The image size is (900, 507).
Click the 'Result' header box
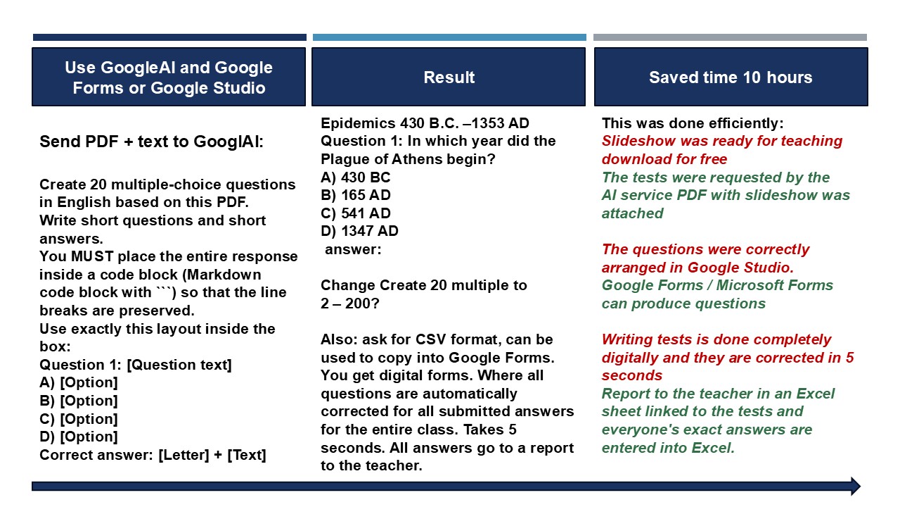click(449, 77)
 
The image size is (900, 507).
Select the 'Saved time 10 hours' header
click(731, 77)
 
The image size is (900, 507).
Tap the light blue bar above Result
click(449, 37)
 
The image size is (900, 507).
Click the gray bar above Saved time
click(730, 37)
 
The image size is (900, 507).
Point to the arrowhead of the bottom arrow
click(856, 487)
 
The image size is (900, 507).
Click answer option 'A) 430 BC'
click(356, 177)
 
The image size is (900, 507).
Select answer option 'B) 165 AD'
click(356, 195)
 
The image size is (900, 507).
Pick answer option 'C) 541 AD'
click(356, 213)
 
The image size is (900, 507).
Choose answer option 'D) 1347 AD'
click(359, 231)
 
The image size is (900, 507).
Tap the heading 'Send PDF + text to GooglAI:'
click(151, 142)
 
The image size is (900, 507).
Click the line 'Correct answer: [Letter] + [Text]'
click(153, 455)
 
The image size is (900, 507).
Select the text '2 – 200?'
click(350, 303)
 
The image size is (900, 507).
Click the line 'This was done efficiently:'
click(693, 123)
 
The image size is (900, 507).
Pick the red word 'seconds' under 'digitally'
click(632, 375)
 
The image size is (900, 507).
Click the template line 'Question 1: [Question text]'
click(136, 365)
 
